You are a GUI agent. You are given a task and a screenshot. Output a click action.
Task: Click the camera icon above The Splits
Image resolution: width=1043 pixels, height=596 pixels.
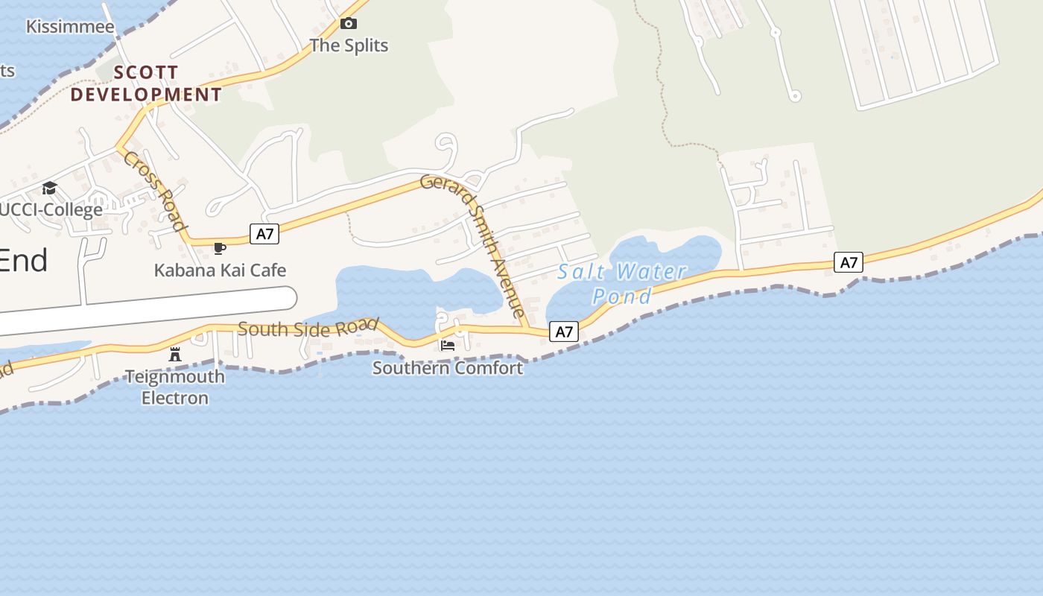point(348,24)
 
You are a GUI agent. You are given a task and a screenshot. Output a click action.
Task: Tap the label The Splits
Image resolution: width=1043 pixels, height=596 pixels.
point(349,45)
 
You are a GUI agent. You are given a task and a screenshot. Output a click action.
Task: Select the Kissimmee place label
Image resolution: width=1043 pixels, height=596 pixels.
point(70,28)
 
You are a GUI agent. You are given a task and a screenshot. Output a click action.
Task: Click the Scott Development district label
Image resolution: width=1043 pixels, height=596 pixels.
point(146,83)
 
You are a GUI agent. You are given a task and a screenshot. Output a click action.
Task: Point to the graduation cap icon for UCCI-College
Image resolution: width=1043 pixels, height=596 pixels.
point(49,188)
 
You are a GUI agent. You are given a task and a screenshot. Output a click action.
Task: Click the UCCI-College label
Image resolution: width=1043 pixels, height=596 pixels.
point(51,209)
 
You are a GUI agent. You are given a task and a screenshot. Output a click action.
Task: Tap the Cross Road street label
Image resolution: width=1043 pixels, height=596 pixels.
point(154,191)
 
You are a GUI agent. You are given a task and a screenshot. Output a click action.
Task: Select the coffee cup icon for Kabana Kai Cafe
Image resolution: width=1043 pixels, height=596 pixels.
point(219,248)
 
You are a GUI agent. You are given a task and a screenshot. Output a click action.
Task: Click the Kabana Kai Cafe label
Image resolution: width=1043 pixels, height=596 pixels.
point(220,270)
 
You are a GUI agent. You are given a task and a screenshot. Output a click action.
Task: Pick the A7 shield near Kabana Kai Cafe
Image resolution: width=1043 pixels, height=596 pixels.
point(264,234)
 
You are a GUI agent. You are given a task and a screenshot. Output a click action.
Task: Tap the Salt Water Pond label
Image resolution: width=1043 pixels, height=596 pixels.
point(622,284)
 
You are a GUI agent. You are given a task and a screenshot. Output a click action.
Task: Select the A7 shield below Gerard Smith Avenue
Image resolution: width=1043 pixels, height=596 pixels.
point(564,332)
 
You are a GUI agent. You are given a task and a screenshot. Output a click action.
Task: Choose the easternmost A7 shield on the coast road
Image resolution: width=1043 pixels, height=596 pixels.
point(849,262)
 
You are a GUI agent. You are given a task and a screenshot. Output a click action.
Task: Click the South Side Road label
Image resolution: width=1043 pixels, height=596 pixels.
point(308,328)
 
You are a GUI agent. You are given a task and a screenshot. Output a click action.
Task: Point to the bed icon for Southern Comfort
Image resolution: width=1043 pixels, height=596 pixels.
point(447,345)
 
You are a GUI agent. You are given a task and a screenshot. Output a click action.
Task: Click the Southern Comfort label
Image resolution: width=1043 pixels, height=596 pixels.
point(447,367)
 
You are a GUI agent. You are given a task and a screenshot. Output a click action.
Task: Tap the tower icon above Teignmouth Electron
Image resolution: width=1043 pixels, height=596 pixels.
point(175,354)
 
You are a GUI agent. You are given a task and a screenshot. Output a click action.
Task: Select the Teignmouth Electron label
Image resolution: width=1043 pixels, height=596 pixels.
point(175,387)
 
